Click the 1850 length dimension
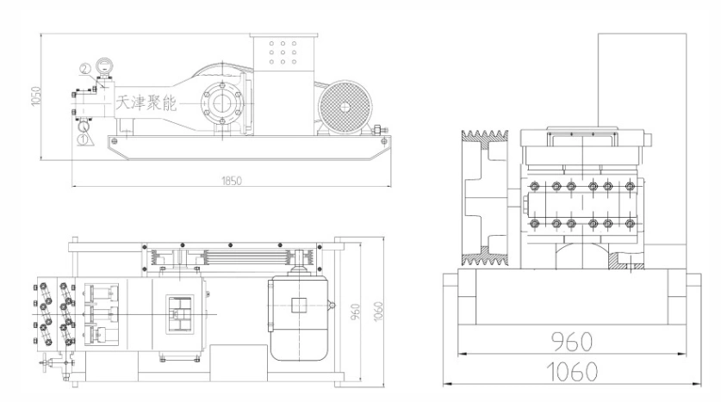pyautogui.click(x=232, y=181)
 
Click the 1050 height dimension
pyautogui.click(x=36, y=96)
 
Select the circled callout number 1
pyautogui.click(x=83, y=138)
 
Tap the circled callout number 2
pyautogui.click(x=85, y=69)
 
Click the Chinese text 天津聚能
pyautogui.click(x=146, y=103)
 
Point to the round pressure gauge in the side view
pyautogui.click(x=105, y=65)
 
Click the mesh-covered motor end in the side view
pyautogui.click(x=345, y=107)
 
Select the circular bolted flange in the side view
pyautogui.click(x=222, y=103)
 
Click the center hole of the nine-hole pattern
pyautogui.click(x=283, y=53)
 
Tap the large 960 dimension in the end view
pyautogui.click(x=572, y=342)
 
